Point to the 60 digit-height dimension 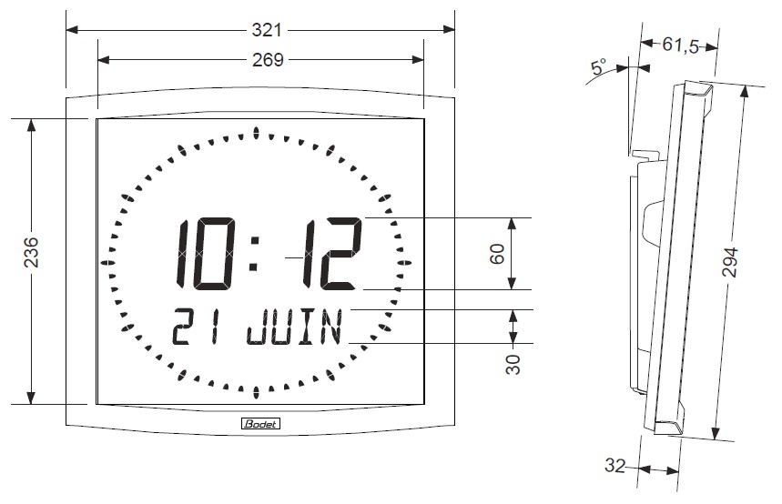pyautogui.click(x=497, y=254)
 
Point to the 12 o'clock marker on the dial pyautogui.click(x=257, y=134)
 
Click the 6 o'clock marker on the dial pyautogui.click(x=257, y=392)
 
